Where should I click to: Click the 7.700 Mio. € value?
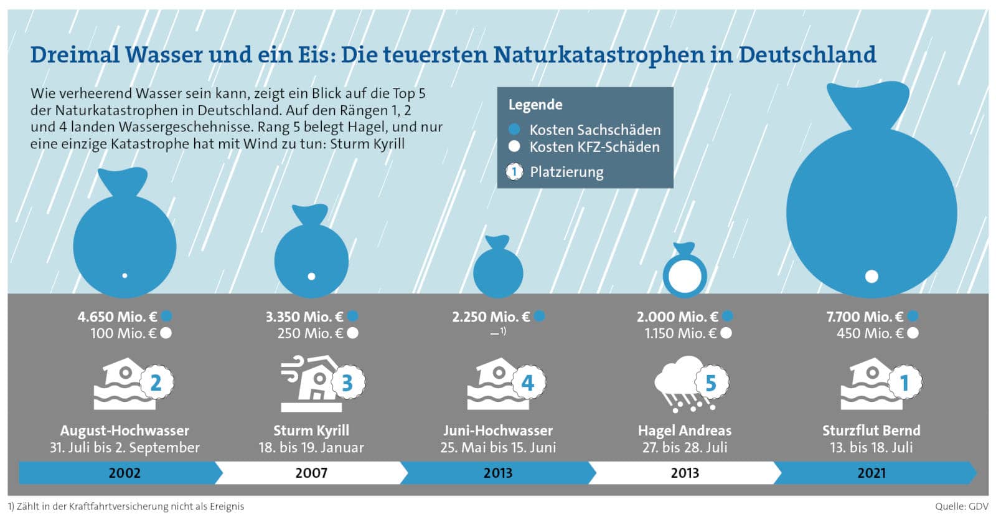tap(864, 316)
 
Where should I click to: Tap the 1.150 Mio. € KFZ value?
tap(680, 333)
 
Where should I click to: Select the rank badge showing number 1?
tap(904, 383)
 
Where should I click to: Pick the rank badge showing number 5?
tap(710, 383)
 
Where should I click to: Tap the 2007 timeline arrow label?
tap(311, 473)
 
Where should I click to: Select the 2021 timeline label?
tap(871, 473)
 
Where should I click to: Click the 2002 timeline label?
tap(125, 473)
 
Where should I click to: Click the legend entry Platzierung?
tap(566, 172)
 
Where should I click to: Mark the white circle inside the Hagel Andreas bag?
tap(684, 274)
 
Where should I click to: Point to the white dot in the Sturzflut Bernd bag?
tap(872, 276)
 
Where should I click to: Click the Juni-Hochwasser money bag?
tap(497, 269)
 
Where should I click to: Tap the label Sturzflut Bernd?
tap(871, 431)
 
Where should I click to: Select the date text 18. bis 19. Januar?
tap(311, 447)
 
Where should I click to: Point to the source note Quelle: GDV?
tap(961, 506)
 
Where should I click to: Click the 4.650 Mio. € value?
tap(117, 316)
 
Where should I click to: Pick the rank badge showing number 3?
tap(347, 383)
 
